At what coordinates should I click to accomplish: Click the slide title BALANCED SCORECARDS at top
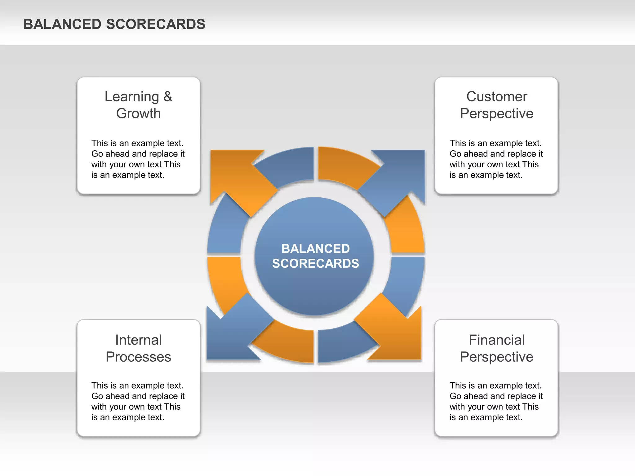[x=114, y=24]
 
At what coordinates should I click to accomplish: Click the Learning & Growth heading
[x=138, y=105]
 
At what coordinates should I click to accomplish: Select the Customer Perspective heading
[x=496, y=105]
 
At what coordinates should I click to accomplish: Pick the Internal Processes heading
[x=138, y=348]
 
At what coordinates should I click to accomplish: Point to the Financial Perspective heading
[x=496, y=348]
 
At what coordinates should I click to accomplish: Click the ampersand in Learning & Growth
[x=168, y=97]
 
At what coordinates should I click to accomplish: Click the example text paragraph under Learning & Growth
[x=138, y=159]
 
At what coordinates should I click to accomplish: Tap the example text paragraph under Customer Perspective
[x=496, y=159]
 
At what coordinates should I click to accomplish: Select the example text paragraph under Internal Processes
[x=138, y=401]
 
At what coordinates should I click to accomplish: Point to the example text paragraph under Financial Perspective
[x=496, y=401]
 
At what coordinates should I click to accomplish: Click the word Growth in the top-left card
[x=138, y=113]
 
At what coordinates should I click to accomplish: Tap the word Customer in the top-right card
[x=496, y=97]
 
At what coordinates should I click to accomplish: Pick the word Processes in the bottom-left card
[x=138, y=357]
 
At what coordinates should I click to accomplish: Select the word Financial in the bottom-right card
[x=496, y=340]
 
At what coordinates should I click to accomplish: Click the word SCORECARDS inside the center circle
[x=315, y=263]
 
